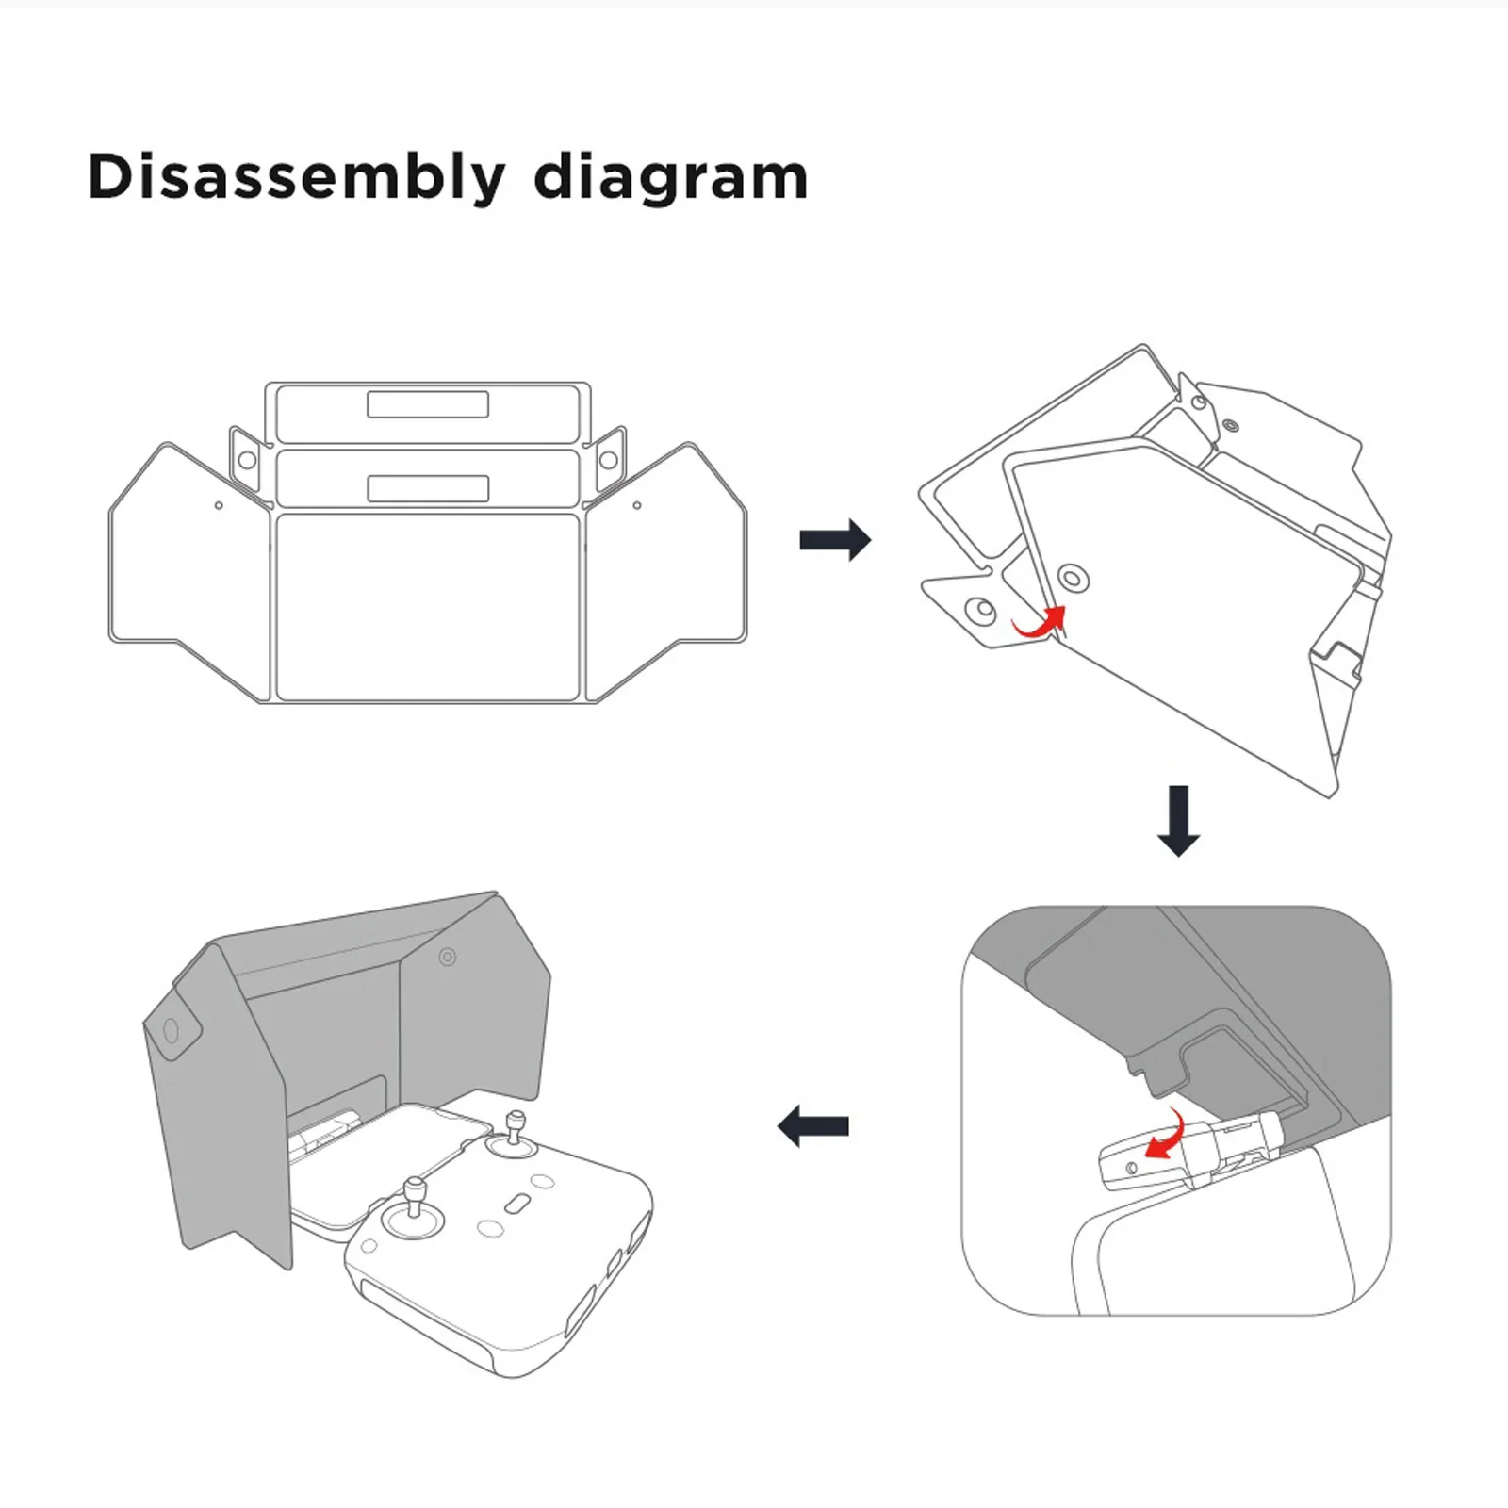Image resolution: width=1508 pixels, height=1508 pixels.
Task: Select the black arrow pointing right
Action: (835, 540)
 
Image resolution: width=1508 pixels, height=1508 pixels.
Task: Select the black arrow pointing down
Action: (1178, 820)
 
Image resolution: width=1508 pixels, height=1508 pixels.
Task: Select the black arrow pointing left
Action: (813, 1125)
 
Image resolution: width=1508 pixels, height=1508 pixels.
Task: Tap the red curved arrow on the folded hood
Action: (1040, 622)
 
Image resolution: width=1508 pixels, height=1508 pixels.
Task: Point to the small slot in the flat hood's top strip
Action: (428, 404)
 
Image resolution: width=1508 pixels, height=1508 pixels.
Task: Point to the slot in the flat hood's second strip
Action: (428, 488)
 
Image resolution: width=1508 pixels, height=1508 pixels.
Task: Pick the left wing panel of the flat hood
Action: (188, 565)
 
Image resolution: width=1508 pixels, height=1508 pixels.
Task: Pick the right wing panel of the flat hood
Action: (667, 565)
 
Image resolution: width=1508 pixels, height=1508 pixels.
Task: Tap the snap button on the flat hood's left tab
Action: (247, 460)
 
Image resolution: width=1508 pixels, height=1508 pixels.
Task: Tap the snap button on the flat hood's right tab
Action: (609, 460)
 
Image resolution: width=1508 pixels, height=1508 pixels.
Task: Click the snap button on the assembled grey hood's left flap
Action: (171, 1030)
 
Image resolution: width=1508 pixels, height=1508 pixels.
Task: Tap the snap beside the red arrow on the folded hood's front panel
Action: (1072, 576)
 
